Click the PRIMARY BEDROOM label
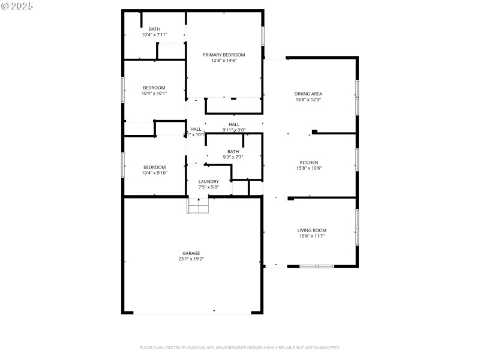pyautogui.click(x=224, y=55)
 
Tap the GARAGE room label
pyautogui.click(x=191, y=253)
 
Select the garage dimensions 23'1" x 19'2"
pyautogui.click(x=191, y=259)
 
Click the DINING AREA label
pyautogui.click(x=308, y=94)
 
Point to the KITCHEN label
pyautogui.click(x=309, y=162)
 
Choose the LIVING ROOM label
pyautogui.click(x=312, y=230)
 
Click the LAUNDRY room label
pyautogui.click(x=209, y=181)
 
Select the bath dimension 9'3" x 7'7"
pyautogui.click(x=233, y=157)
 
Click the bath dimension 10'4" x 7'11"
pyautogui.click(x=155, y=35)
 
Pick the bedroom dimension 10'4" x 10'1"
pyautogui.click(x=154, y=94)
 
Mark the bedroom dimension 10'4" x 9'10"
pyautogui.click(x=154, y=173)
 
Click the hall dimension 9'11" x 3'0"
pyautogui.click(x=234, y=130)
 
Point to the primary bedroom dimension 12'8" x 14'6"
pyautogui.click(x=224, y=61)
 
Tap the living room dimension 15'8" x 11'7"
pyautogui.click(x=312, y=236)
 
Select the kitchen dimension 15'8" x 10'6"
pyautogui.click(x=309, y=168)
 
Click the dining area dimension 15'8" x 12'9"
pyautogui.click(x=308, y=100)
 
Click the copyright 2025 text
pyautogui.click(x=17, y=5)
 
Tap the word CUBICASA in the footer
pyautogui.click(x=197, y=347)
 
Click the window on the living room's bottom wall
pyautogui.click(x=316, y=266)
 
